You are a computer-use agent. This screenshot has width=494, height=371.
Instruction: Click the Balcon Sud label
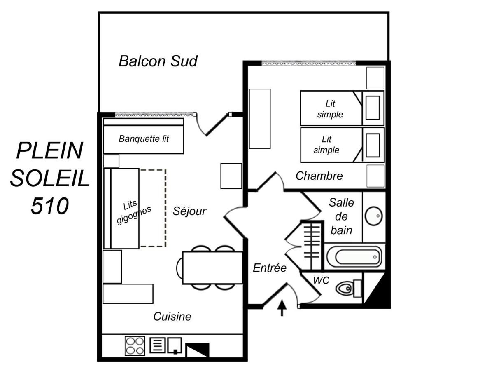point(158,61)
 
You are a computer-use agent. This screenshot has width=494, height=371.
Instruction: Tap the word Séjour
point(189,211)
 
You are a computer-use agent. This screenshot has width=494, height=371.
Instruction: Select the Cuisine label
point(172,317)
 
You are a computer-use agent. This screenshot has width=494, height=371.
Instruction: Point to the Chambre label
point(319,176)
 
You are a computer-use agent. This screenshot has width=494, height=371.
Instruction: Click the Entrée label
point(270,268)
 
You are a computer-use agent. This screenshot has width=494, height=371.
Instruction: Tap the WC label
point(321,280)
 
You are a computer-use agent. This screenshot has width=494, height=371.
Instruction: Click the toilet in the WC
point(349,288)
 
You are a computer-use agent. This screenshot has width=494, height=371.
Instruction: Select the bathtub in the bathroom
point(354,256)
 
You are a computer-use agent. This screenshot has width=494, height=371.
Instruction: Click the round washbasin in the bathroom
point(374,216)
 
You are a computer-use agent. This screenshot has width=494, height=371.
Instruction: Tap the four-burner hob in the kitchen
point(135,345)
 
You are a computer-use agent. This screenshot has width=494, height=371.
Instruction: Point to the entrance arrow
point(282,308)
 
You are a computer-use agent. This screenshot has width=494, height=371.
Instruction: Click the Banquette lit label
point(144,139)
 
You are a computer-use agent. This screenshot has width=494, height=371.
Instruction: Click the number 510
point(50,206)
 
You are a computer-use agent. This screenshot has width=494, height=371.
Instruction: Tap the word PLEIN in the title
point(50,150)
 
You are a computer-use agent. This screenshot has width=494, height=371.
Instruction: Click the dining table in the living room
point(212,268)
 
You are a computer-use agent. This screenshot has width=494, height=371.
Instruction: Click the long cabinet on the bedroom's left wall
point(260,119)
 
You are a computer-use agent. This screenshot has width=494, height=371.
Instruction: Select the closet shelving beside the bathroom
point(312,246)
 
